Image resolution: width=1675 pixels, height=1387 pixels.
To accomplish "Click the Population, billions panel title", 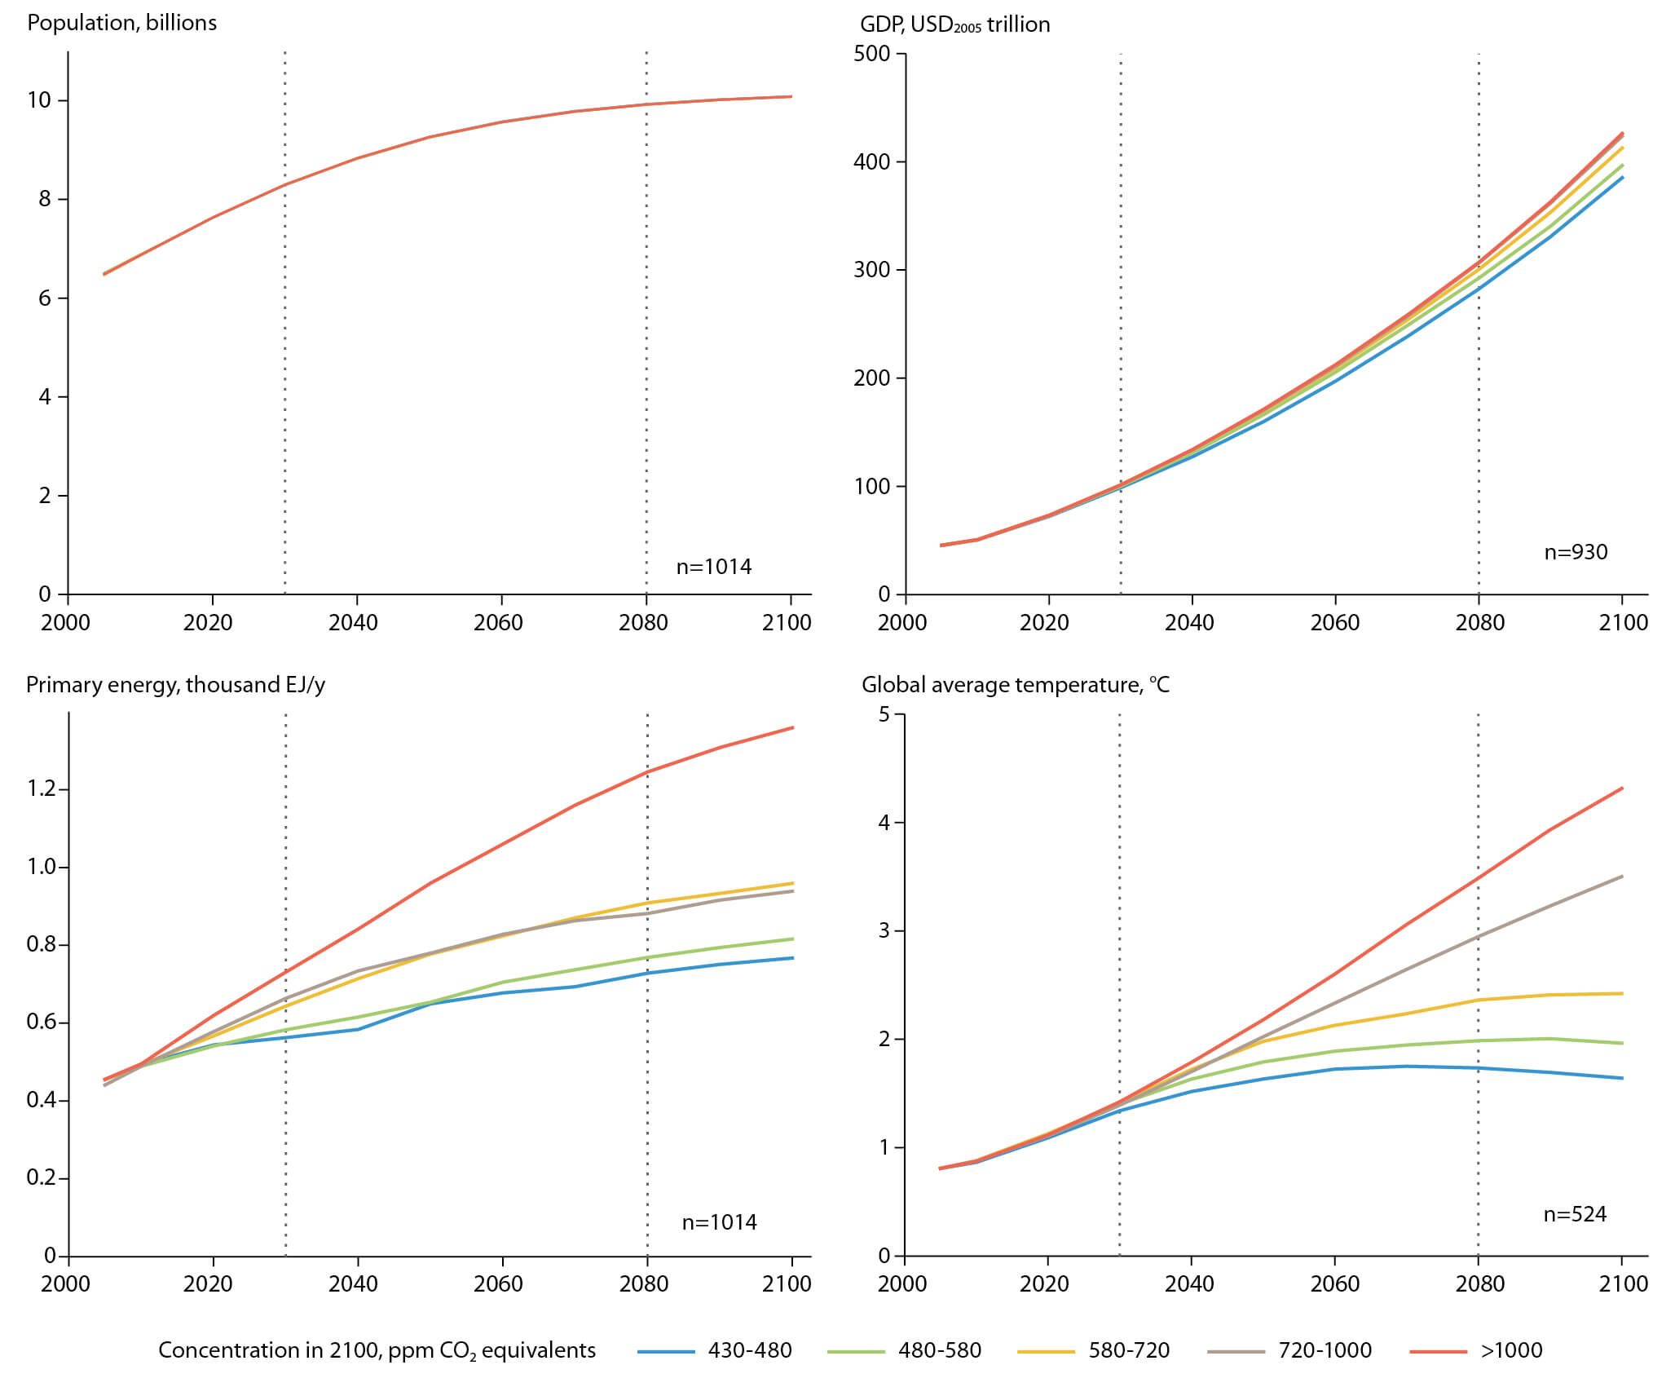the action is pyautogui.click(x=122, y=23).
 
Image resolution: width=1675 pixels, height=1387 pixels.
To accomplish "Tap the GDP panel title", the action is pyautogui.click(x=954, y=24).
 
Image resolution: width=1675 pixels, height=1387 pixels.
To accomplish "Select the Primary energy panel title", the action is pyautogui.click(x=175, y=684).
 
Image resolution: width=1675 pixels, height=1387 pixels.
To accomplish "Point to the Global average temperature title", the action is pyautogui.click(x=1016, y=684).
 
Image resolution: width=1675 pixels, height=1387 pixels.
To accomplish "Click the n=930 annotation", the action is pyautogui.click(x=1576, y=552).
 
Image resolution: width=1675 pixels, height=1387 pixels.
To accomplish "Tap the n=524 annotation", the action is pyautogui.click(x=1575, y=1214).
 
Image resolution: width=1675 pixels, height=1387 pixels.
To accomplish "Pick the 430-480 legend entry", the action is pyautogui.click(x=715, y=1350).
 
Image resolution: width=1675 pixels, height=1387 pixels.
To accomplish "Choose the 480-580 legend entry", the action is pyautogui.click(x=905, y=1350).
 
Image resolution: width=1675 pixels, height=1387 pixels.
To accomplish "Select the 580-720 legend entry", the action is pyautogui.click(x=1094, y=1350).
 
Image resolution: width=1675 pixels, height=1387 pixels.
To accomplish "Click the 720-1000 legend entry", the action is pyautogui.click(x=1290, y=1350).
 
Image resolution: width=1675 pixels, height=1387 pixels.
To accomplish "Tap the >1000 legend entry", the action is pyautogui.click(x=1476, y=1350).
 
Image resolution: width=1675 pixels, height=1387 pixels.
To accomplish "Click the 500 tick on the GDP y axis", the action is pyautogui.click(x=871, y=54).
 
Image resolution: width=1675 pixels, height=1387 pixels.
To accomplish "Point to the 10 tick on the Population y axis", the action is pyautogui.click(x=39, y=100).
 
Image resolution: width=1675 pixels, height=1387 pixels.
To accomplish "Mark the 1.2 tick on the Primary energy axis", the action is pyautogui.click(x=41, y=788).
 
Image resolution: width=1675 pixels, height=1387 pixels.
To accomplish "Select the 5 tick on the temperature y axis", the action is pyautogui.click(x=884, y=714).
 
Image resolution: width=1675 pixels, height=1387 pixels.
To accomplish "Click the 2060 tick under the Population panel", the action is pyautogui.click(x=498, y=622).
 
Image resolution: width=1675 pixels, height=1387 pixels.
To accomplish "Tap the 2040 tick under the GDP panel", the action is pyautogui.click(x=1189, y=622).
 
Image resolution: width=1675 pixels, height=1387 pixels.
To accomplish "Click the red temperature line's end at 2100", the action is pyautogui.click(x=1622, y=788).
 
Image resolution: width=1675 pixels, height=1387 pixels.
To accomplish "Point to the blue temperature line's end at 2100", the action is pyautogui.click(x=1622, y=1078).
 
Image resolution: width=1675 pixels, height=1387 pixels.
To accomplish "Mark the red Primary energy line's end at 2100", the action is pyautogui.click(x=793, y=727).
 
